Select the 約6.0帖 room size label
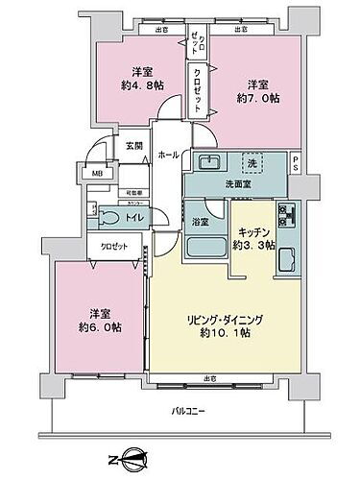tap(101, 326)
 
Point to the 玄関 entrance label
tap(134, 145)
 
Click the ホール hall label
tap(166, 155)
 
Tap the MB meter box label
tap(97, 174)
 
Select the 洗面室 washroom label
tap(232, 182)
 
